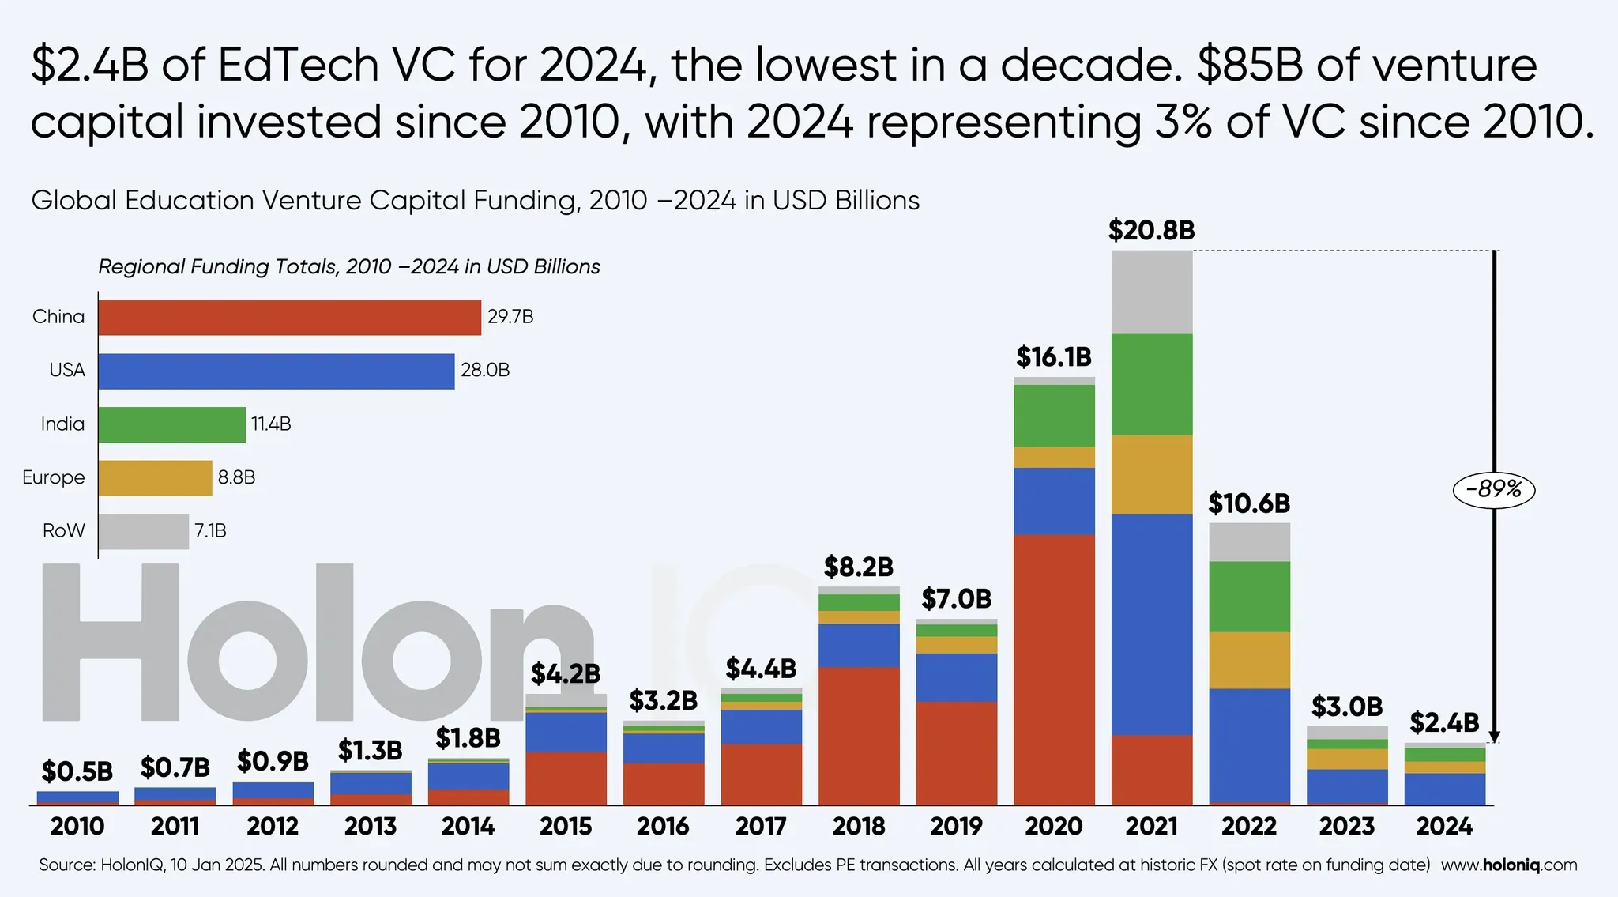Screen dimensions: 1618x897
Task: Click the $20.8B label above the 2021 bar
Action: pos(1151,231)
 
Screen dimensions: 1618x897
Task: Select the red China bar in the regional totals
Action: pos(290,318)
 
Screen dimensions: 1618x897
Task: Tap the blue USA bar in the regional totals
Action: pos(277,371)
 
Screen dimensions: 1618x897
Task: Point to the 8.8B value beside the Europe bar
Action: pos(236,477)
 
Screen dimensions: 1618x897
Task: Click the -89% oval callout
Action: pos(1493,490)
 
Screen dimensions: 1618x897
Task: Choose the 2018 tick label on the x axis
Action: pos(859,827)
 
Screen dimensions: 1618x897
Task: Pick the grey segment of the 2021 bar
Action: pos(1152,292)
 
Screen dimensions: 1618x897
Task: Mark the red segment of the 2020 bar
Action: pos(1055,670)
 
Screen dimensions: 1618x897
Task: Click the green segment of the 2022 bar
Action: pos(1250,597)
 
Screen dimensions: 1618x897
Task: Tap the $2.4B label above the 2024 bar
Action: pos(1444,722)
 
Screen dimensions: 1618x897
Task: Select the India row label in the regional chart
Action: pos(62,424)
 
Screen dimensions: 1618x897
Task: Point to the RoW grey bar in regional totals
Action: pos(144,531)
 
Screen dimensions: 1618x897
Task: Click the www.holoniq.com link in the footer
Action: pos(1509,865)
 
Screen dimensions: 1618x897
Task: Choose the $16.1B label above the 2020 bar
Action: pos(1054,357)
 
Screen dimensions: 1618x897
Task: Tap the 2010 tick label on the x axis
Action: pos(77,827)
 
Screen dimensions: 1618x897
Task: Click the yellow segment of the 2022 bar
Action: pos(1250,661)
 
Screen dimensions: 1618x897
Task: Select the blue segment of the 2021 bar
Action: pos(1152,625)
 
